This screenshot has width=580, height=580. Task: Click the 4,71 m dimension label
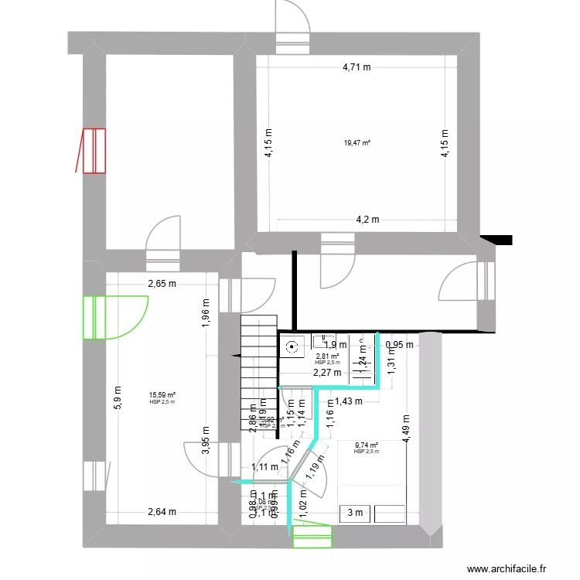click(357, 67)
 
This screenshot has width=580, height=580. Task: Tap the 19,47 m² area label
click(357, 143)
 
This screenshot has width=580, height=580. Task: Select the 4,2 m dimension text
click(367, 219)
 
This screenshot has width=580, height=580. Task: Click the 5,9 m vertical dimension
click(118, 397)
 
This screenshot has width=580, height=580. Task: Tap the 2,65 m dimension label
click(162, 284)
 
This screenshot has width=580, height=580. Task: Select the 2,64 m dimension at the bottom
click(162, 511)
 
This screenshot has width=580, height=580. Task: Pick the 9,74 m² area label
click(366, 445)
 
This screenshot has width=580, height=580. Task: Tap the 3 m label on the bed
click(355, 512)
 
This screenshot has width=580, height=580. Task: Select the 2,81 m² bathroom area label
click(327, 357)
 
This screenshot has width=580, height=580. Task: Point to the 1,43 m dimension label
click(348, 401)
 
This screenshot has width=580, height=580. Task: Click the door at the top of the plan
click(294, 27)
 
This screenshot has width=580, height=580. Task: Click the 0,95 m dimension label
click(399, 345)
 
